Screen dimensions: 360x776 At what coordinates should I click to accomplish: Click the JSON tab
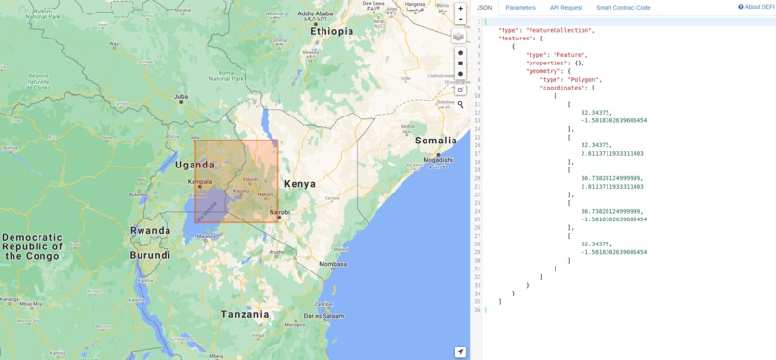484,8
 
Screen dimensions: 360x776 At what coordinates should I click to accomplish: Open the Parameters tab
521,8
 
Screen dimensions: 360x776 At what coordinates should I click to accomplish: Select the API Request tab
566,8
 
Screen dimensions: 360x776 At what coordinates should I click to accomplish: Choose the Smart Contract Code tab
623,8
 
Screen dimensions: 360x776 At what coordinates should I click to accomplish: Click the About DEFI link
757,7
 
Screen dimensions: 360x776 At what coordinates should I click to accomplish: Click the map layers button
458,36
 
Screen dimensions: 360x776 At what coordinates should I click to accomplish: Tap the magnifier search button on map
460,104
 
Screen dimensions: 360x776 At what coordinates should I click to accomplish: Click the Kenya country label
299,183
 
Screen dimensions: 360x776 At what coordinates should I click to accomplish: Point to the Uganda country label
195,165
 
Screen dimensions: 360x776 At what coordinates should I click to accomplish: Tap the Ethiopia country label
331,31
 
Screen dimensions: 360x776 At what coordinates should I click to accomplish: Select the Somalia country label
436,141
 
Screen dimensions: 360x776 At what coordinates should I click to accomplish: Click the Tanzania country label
245,314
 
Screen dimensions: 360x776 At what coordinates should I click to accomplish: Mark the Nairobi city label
279,212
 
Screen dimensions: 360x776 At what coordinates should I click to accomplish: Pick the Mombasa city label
332,263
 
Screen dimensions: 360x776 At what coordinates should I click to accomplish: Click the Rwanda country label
150,231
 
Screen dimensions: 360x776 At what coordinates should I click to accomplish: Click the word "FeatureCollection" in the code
557,30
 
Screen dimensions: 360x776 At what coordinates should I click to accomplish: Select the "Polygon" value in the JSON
583,80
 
